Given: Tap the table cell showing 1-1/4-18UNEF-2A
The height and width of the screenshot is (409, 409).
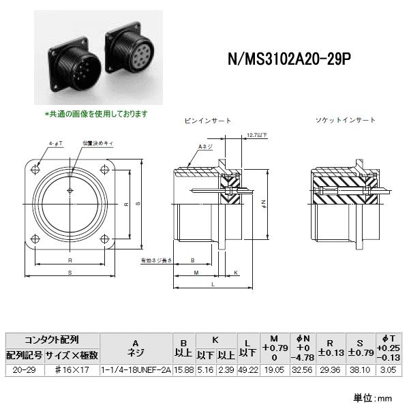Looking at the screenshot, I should [x=135, y=369].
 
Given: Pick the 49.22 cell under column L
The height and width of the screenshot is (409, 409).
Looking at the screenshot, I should [x=247, y=369].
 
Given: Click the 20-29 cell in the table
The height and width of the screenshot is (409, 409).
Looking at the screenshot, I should [x=25, y=369].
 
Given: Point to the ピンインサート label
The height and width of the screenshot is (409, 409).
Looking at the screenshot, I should [x=208, y=120].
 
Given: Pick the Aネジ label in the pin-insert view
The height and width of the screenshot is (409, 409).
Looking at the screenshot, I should [x=204, y=147].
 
